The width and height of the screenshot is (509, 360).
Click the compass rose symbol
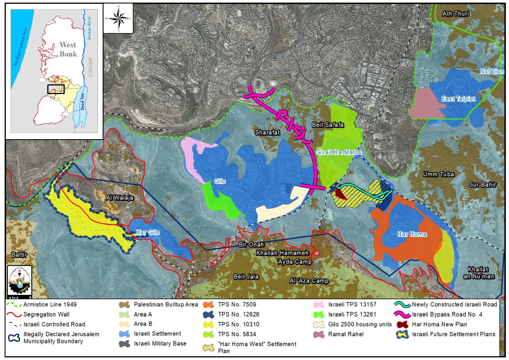point(118,18)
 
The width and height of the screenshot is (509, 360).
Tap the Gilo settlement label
point(220,181)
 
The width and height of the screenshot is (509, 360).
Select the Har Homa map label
point(412,234)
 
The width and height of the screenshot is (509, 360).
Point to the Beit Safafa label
point(328,125)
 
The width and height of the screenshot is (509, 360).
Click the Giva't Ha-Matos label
point(338,152)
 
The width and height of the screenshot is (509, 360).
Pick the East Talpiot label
point(458,99)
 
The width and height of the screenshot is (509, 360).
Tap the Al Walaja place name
point(120,197)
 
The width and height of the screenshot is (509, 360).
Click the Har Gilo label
point(148,232)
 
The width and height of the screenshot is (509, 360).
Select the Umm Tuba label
point(438,174)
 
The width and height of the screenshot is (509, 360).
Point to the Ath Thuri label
point(456,14)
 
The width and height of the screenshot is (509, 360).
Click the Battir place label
point(19,254)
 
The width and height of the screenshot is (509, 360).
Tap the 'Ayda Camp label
point(294,262)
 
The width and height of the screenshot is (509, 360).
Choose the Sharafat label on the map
point(267,132)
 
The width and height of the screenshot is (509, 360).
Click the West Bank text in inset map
point(68,49)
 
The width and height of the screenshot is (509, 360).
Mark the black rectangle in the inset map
point(56,89)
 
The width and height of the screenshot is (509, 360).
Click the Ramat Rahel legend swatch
point(319,334)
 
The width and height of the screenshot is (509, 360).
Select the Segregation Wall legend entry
point(46,315)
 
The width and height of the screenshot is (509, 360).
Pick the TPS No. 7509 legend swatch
point(208,305)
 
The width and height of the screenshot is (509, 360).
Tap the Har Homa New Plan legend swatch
point(402,324)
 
